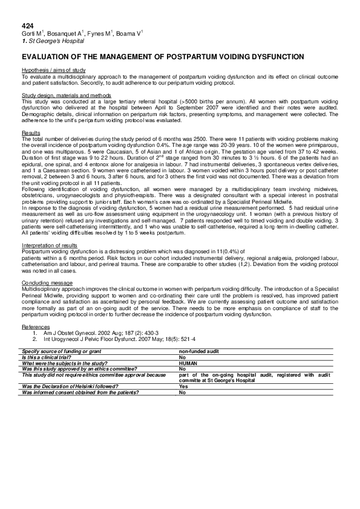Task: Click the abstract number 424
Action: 28,26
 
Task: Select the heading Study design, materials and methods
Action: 66,95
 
